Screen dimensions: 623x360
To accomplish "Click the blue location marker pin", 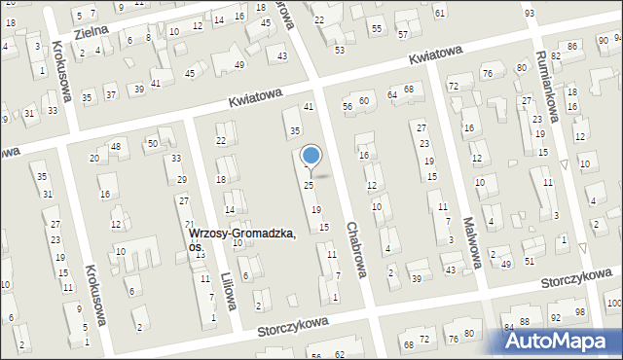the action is coord(311,156).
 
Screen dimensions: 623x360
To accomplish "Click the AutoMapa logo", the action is coord(560,341).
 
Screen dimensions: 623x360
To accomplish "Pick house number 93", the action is coord(529,13).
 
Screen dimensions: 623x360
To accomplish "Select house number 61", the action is coord(440,13).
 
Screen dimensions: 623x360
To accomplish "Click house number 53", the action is coord(339,50).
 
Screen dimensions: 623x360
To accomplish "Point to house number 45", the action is coord(190,74).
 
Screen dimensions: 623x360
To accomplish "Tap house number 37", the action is coord(110,94).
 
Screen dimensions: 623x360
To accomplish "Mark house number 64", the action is coord(391,94).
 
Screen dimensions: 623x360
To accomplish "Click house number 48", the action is coord(115,147).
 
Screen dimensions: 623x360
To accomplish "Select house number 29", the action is coord(182,180).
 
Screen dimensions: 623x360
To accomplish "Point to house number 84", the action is coord(508,327).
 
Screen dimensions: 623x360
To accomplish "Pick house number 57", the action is coord(403,35).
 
